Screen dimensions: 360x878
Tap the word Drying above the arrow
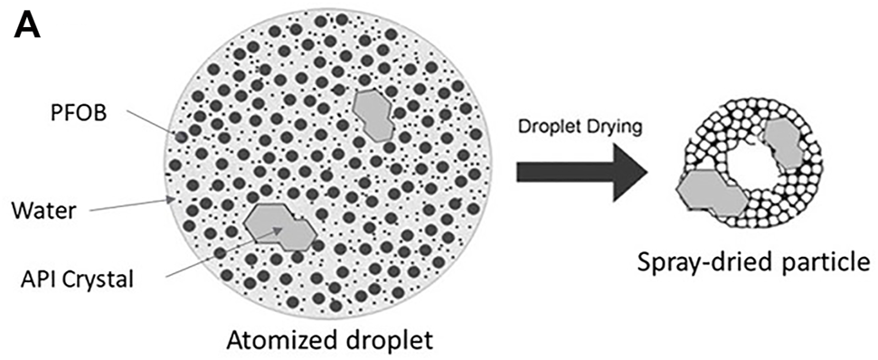(614, 128)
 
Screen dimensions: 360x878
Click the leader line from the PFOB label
(148, 123)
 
